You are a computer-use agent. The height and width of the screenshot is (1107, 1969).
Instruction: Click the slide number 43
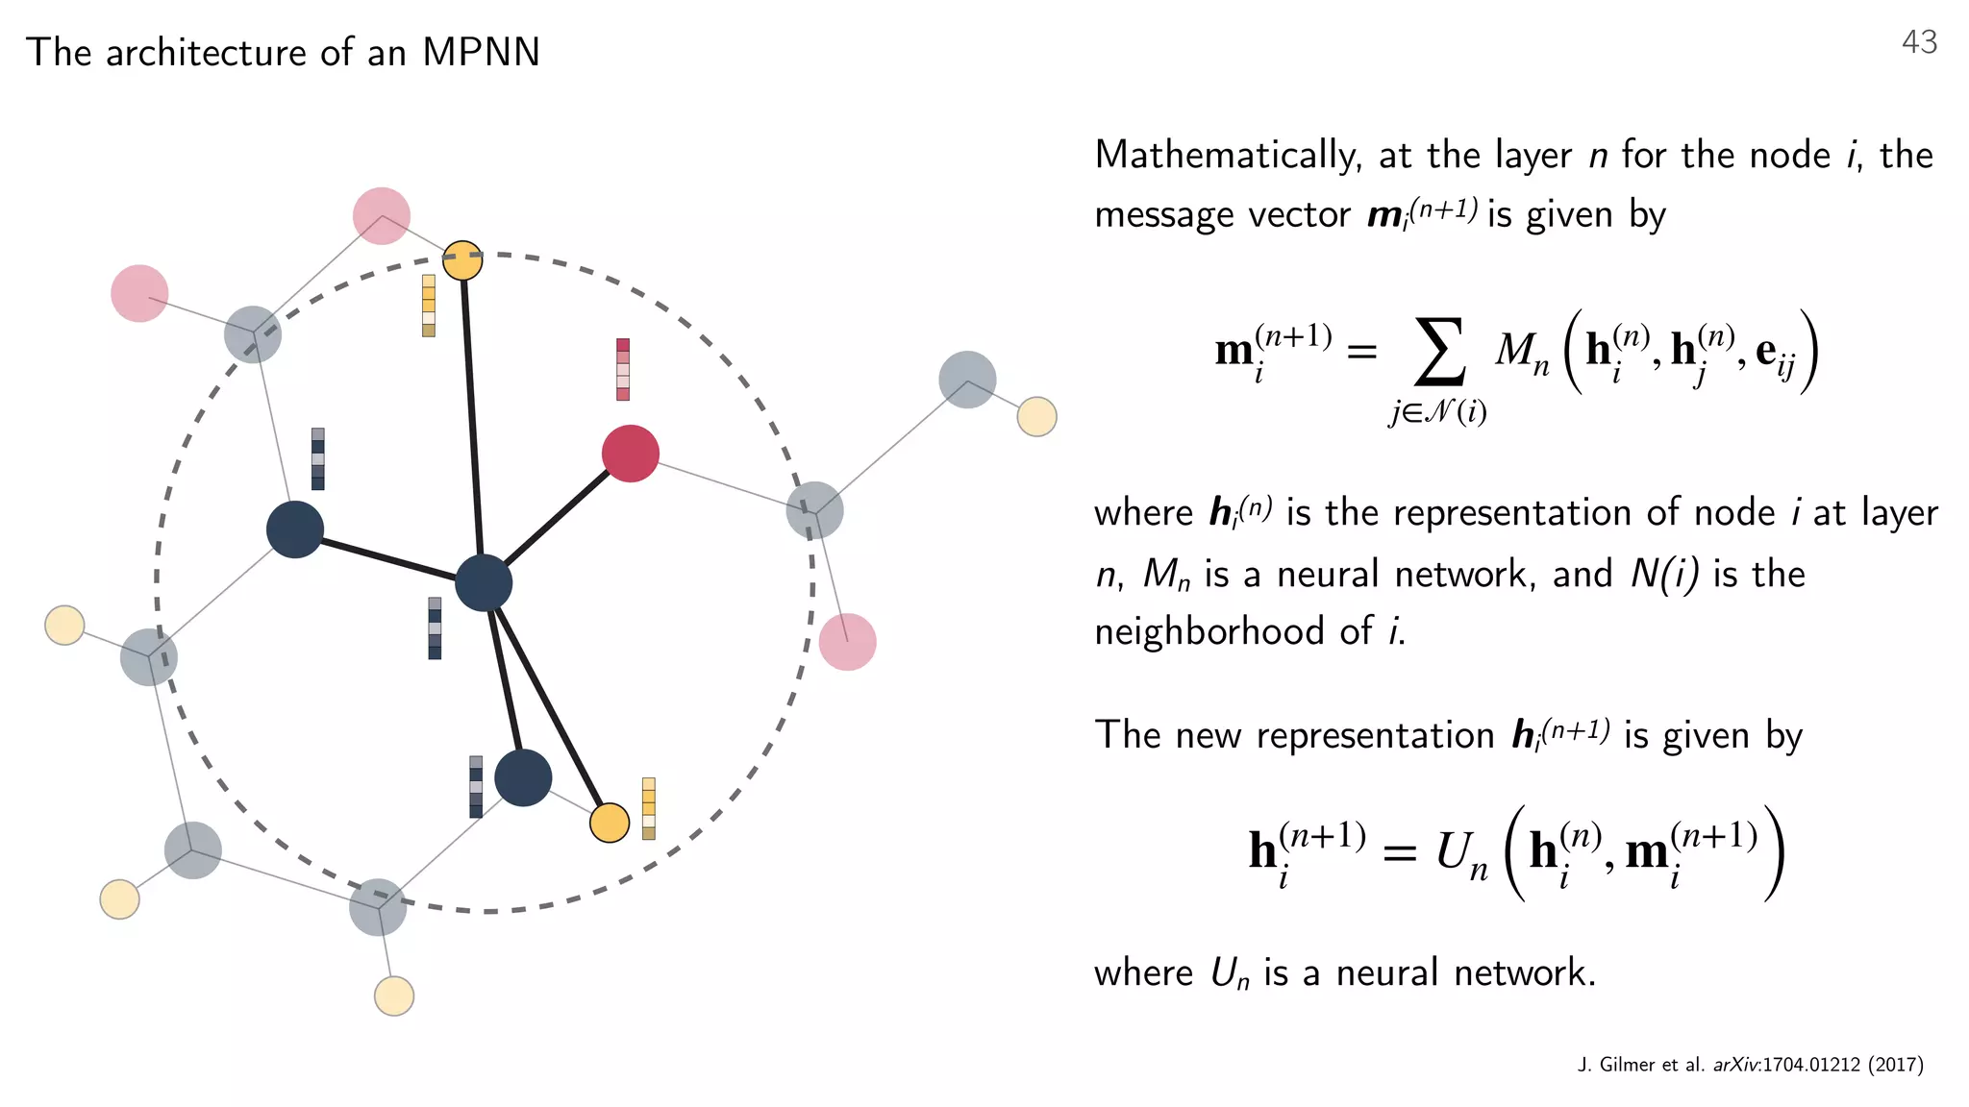click(1919, 42)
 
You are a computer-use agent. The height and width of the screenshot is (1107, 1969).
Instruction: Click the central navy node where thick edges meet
click(483, 582)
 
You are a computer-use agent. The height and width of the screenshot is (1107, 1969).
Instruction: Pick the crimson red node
click(630, 454)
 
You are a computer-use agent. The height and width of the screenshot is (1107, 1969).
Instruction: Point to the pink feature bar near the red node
click(623, 369)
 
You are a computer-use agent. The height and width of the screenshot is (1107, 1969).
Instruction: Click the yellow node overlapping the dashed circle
click(462, 260)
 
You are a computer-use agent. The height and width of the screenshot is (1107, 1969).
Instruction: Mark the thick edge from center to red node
click(558, 518)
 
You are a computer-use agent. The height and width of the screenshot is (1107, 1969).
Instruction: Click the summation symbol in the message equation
click(1439, 351)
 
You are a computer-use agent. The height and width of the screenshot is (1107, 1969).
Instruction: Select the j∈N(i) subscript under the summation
click(1437, 412)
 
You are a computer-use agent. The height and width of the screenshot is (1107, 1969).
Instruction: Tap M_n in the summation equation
click(1522, 353)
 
